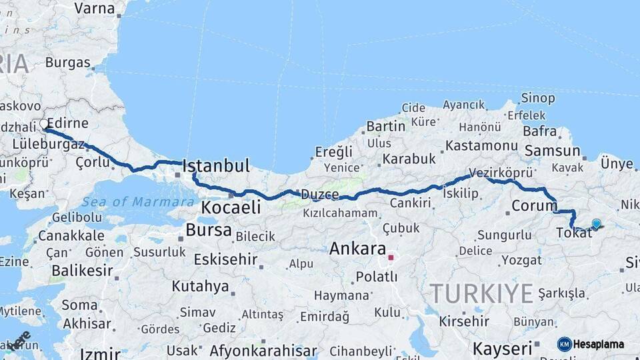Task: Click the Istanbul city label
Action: click(215, 165)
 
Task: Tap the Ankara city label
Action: click(357, 249)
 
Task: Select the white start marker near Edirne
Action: click(45, 124)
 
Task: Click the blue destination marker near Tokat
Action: click(596, 224)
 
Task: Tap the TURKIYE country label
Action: click(481, 293)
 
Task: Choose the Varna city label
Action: click(95, 8)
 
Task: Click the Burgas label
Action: click(67, 63)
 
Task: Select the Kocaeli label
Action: click(231, 207)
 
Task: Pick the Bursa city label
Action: click(209, 231)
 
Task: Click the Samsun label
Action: click(552, 151)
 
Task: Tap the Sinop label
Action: click(538, 98)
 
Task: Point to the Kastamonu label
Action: click(481, 145)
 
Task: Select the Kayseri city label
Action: click(502, 348)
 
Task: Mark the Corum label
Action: click(534, 205)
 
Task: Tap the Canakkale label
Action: click(71, 235)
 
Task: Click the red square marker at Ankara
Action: click(391, 256)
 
